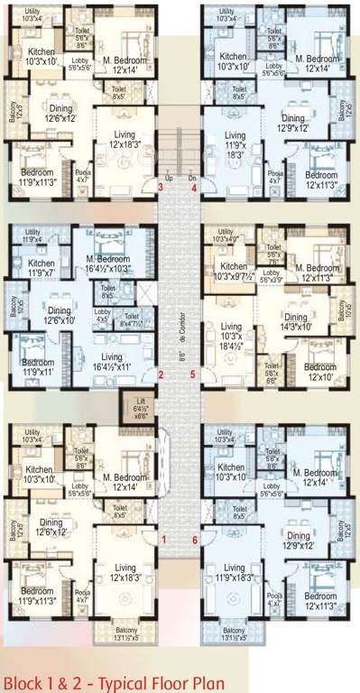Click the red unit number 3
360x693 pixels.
coord(161,187)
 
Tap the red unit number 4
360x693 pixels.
coord(195,188)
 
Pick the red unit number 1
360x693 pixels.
coord(164,539)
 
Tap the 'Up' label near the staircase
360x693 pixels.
coord(168,178)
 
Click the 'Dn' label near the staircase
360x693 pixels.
coord(191,178)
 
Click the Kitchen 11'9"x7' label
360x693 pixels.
coord(39,267)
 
